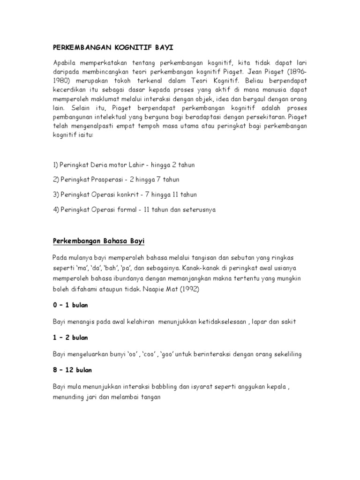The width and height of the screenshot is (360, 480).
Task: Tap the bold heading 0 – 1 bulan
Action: (x=70, y=305)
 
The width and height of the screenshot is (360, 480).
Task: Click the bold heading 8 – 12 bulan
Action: (x=72, y=370)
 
